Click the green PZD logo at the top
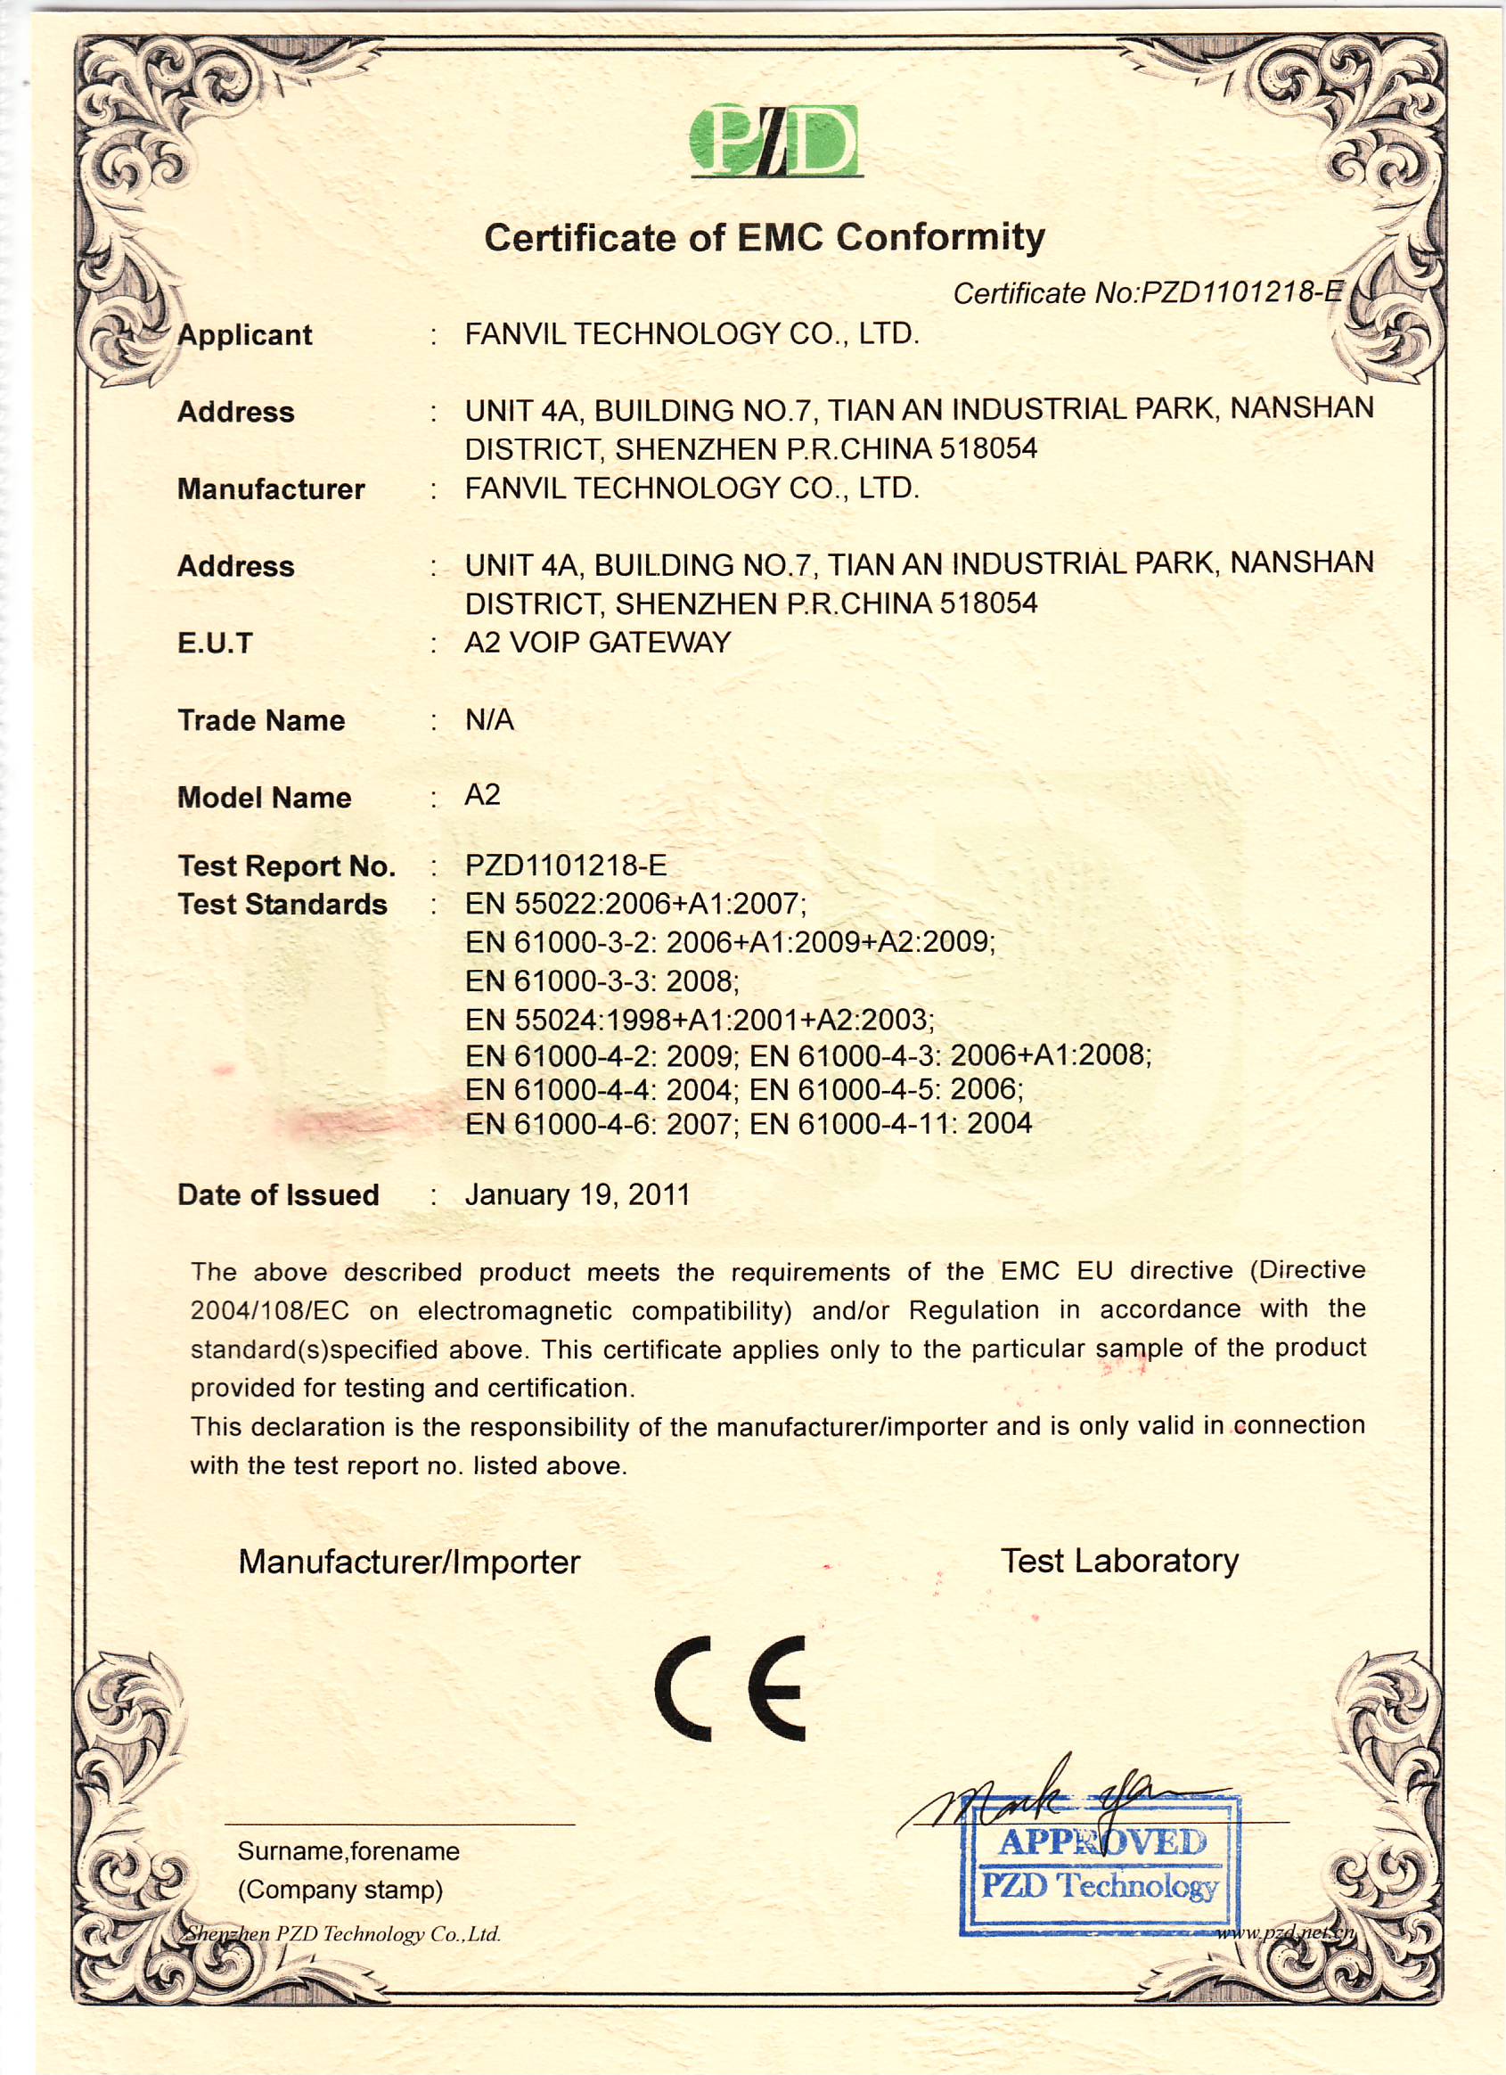click(x=774, y=141)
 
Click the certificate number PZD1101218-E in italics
click(x=1149, y=292)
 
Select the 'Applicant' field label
click(x=244, y=335)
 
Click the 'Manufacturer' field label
click(x=271, y=489)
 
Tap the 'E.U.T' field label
click(x=214, y=644)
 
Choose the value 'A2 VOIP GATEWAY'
click(x=597, y=643)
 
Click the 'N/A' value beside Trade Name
click(x=489, y=720)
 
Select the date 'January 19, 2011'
click(x=577, y=1194)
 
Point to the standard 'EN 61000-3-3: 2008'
click(x=602, y=980)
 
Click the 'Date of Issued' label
click(x=278, y=1195)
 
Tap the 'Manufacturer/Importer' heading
click(x=409, y=1562)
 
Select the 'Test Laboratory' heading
click(x=1119, y=1560)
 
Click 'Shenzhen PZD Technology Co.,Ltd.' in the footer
click(x=342, y=1933)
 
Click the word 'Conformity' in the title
click(x=939, y=238)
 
